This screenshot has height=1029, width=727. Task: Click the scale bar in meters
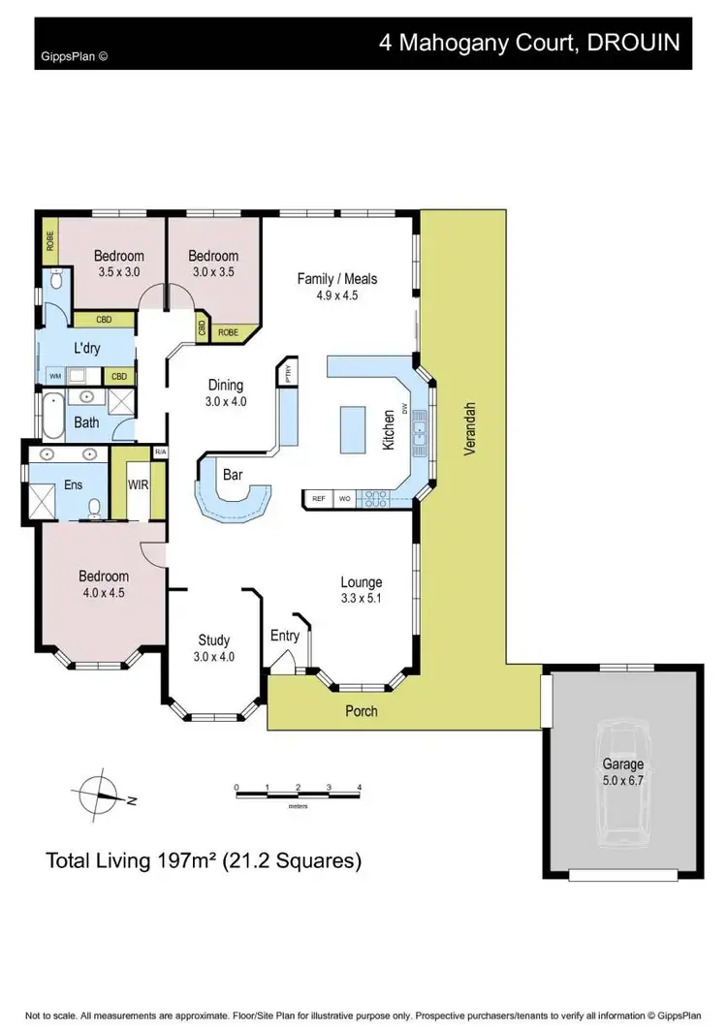(x=298, y=794)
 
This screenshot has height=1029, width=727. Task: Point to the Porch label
(x=361, y=711)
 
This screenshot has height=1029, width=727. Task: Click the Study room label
(x=213, y=640)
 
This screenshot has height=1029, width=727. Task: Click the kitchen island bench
(x=353, y=429)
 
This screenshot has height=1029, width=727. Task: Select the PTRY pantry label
(x=287, y=372)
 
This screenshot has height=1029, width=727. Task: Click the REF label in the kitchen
(x=317, y=499)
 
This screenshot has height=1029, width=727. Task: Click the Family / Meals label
(x=336, y=279)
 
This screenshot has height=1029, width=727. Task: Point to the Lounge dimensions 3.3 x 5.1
(x=361, y=599)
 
